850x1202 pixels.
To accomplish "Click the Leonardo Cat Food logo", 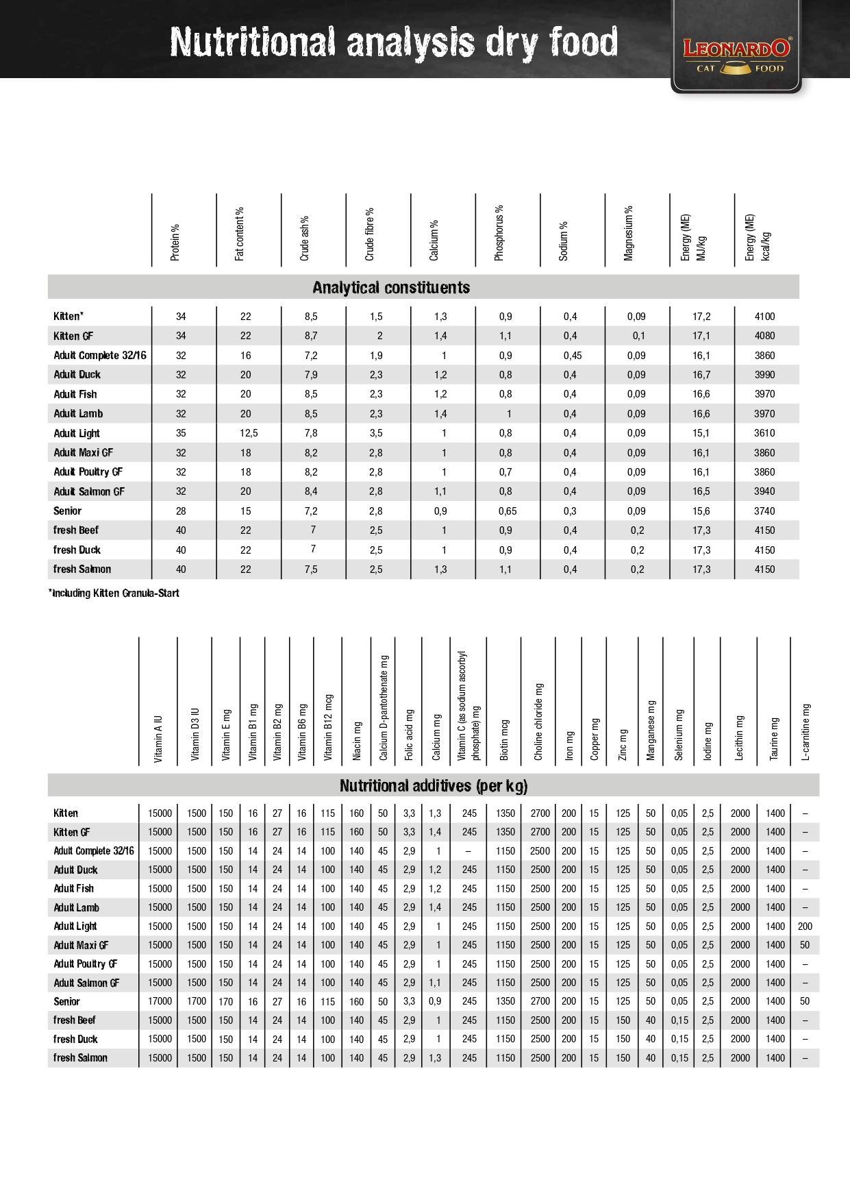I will (736, 55).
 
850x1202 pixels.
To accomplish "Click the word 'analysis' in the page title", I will (410, 42).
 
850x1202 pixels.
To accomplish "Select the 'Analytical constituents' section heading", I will (391, 288).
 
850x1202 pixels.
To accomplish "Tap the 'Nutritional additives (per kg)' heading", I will (434, 786).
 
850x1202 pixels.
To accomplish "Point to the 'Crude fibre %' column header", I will (370, 234).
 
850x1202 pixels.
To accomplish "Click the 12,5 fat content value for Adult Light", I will (245, 433).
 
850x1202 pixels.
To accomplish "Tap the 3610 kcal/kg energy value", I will (764, 433).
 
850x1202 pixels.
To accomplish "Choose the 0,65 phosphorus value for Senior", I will (508, 511).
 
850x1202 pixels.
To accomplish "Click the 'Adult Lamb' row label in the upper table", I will (78, 414).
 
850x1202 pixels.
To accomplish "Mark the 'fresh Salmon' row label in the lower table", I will (80, 1058).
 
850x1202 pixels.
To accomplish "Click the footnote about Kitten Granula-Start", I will (114, 593).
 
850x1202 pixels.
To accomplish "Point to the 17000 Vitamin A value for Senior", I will (160, 1001).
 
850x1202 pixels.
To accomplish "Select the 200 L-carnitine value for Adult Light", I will (805, 927).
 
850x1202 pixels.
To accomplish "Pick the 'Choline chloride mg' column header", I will (539, 722).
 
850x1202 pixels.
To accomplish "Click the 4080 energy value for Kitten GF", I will (764, 336).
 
